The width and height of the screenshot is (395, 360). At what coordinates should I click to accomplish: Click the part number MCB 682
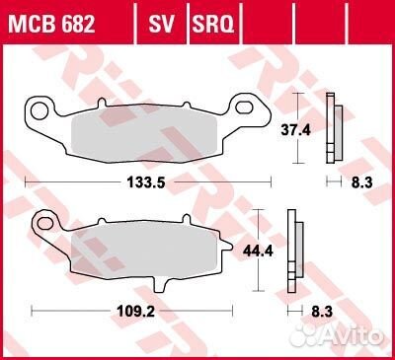(x=51, y=24)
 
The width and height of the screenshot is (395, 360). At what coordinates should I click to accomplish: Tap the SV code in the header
(x=161, y=24)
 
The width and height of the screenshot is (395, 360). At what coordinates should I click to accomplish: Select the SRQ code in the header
(x=213, y=24)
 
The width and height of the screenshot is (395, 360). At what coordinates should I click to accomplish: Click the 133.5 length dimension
(x=146, y=182)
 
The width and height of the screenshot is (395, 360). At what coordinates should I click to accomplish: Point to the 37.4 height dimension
(x=295, y=130)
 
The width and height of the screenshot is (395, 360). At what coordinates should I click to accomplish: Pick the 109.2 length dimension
(x=135, y=311)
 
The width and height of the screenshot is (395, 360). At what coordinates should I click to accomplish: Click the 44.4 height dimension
(x=258, y=252)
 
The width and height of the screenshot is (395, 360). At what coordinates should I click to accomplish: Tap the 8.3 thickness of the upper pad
(x=361, y=182)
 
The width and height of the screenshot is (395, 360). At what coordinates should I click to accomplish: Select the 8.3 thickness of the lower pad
(x=322, y=312)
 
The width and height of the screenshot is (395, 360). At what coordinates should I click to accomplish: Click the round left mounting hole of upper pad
(x=39, y=110)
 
